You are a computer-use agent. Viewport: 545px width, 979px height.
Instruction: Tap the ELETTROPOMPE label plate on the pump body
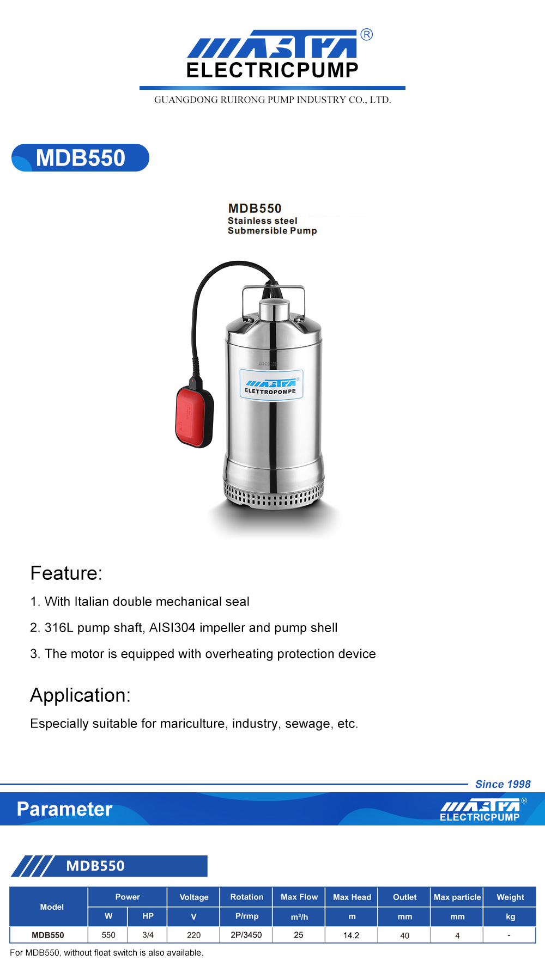click(x=271, y=384)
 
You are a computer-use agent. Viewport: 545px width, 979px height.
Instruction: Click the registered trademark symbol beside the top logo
click(x=367, y=35)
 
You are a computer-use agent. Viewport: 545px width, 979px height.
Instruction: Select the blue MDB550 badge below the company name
click(x=80, y=158)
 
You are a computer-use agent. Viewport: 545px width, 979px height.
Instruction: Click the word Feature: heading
click(x=66, y=573)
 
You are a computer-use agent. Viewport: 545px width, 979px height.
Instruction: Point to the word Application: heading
click(x=80, y=695)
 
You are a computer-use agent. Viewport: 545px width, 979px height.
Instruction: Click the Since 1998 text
click(x=502, y=784)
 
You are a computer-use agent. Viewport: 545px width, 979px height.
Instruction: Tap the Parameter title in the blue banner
click(x=64, y=809)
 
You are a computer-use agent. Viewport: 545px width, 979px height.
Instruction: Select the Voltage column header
click(x=193, y=897)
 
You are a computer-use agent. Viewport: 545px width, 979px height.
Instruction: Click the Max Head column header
click(x=352, y=897)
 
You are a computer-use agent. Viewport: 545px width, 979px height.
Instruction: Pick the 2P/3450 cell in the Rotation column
click(x=246, y=935)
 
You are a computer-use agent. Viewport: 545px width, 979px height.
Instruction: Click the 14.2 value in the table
click(x=351, y=935)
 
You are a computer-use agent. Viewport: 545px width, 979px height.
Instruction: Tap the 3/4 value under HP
click(x=148, y=935)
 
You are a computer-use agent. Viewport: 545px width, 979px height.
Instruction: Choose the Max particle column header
click(x=457, y=897)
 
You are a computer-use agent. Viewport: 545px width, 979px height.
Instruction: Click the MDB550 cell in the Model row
click(x=48, y=935)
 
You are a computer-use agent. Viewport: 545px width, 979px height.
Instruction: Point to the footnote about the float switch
click(x=106, y=952)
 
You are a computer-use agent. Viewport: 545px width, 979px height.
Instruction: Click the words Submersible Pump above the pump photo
click(x=272, y=231)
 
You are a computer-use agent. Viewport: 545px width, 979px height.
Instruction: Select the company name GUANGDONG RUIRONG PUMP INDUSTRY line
click(x=272, y=100)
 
